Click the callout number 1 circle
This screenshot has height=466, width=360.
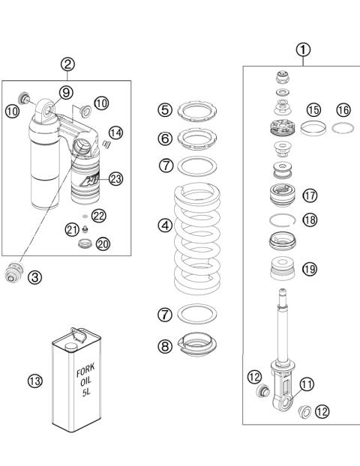coord(303,49)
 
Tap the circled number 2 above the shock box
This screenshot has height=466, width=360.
coord(68,64)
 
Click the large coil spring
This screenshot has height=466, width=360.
coord(199,239)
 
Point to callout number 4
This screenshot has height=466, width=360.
coord(165,224)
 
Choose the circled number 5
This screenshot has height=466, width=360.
coord(165,110)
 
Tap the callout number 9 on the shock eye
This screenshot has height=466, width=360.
coord(65,92)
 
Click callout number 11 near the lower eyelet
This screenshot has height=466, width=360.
coord(307,385)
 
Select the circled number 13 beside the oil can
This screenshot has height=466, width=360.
coord(34,381)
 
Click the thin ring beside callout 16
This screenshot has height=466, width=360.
coord(343,127)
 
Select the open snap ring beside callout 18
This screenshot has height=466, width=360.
coord(284,220)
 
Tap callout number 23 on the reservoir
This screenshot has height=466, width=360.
coord(115,178)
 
